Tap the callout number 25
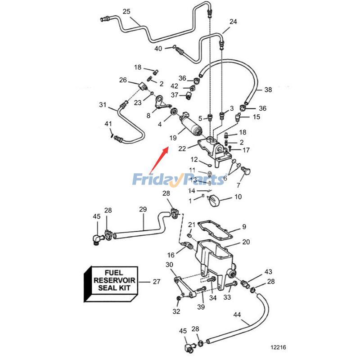126,11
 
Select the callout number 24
233,22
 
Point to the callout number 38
268,90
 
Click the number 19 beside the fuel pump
173,138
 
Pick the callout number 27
156,282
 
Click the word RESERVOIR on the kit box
111,281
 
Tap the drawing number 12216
278,347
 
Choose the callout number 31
103,105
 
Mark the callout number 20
246,242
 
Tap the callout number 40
158,48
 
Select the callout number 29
143,209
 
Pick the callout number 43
268,272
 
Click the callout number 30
169,264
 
